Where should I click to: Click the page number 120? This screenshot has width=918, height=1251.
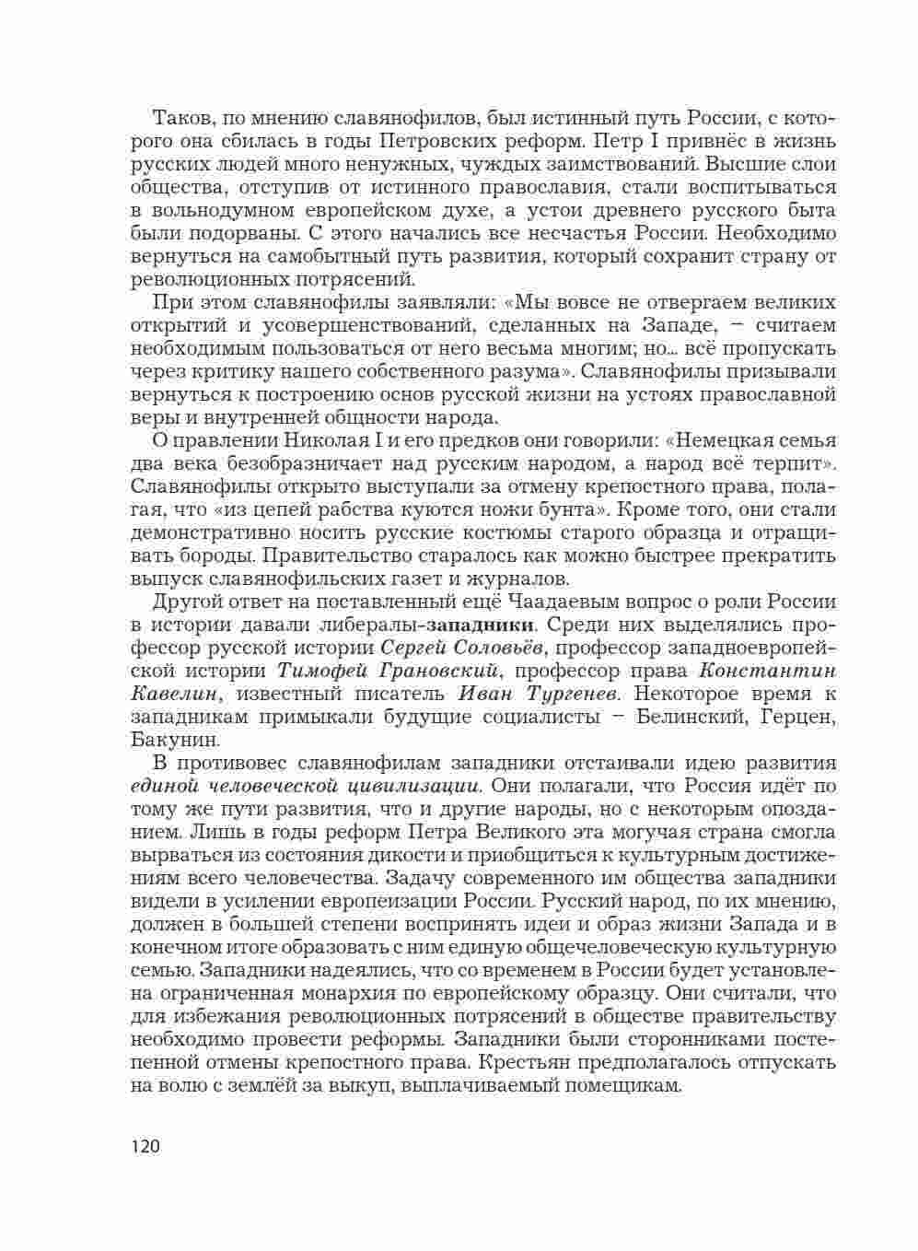pos(145,1147)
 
